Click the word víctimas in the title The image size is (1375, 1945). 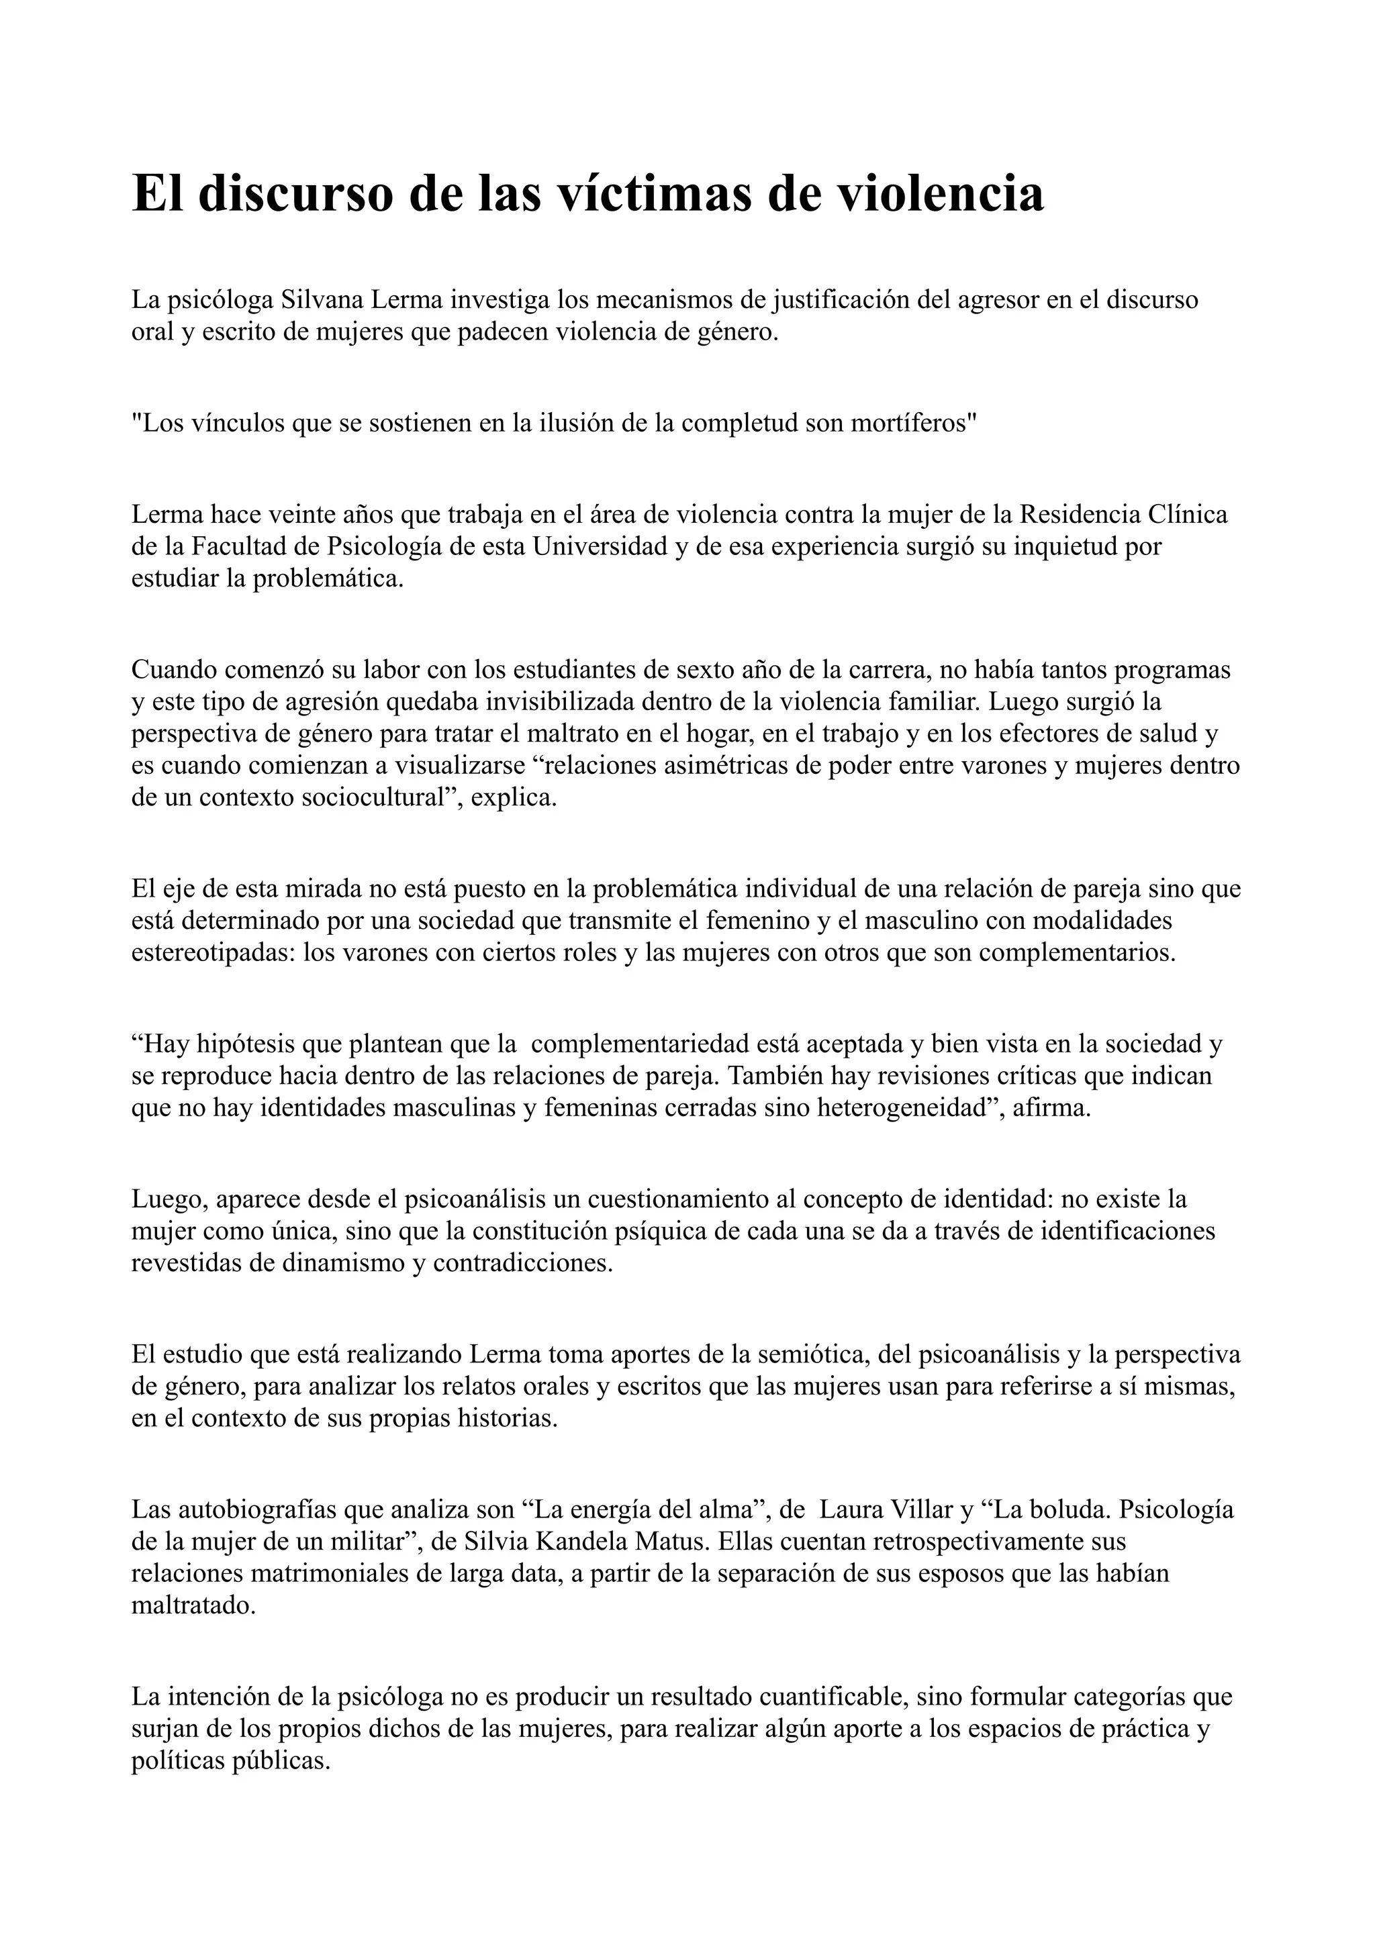point(650,194)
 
